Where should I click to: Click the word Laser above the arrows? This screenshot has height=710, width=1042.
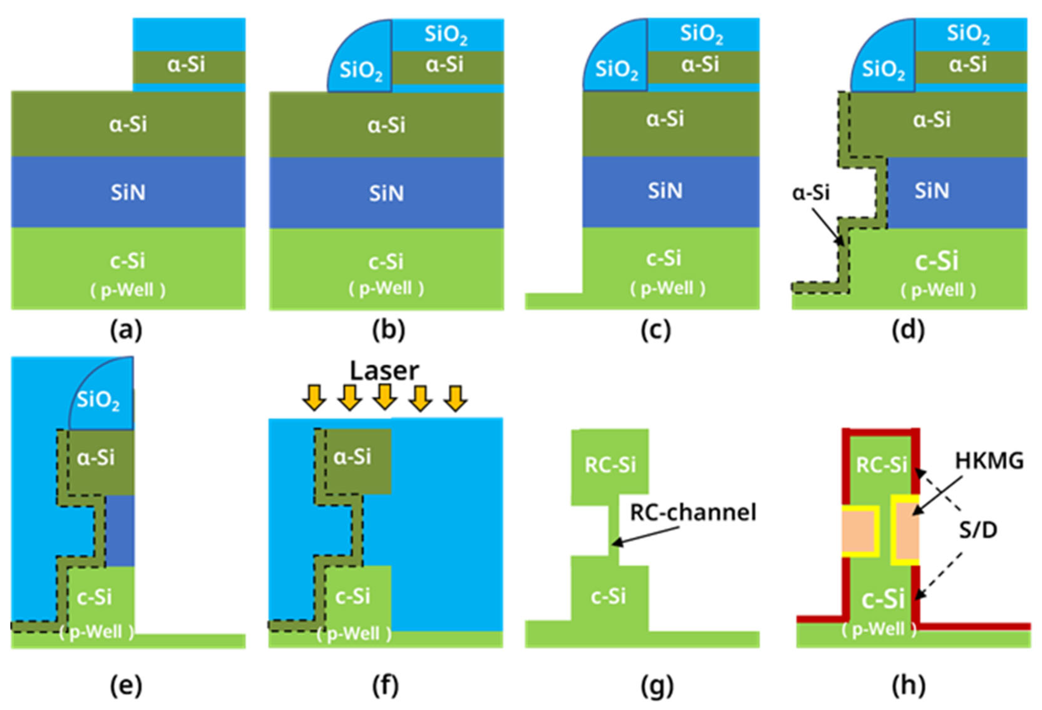click(x=384, y=371)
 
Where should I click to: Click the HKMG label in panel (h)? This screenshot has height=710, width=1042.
click(x=989, y=461)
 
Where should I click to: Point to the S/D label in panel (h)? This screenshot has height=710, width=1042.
click(x=978, y=531)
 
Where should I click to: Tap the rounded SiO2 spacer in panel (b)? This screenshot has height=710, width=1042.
click(x=361, y=67)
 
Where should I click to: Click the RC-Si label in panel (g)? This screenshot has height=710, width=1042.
click(x=610, y=465)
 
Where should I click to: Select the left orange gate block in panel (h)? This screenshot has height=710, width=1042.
click(x=858, y=531)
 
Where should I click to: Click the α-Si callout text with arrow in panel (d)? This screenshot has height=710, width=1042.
click(x=811, y=193)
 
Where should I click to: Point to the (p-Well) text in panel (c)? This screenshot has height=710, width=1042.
click(x=667, y=288)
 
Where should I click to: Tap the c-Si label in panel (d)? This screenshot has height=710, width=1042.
click(x=936, y=261)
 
